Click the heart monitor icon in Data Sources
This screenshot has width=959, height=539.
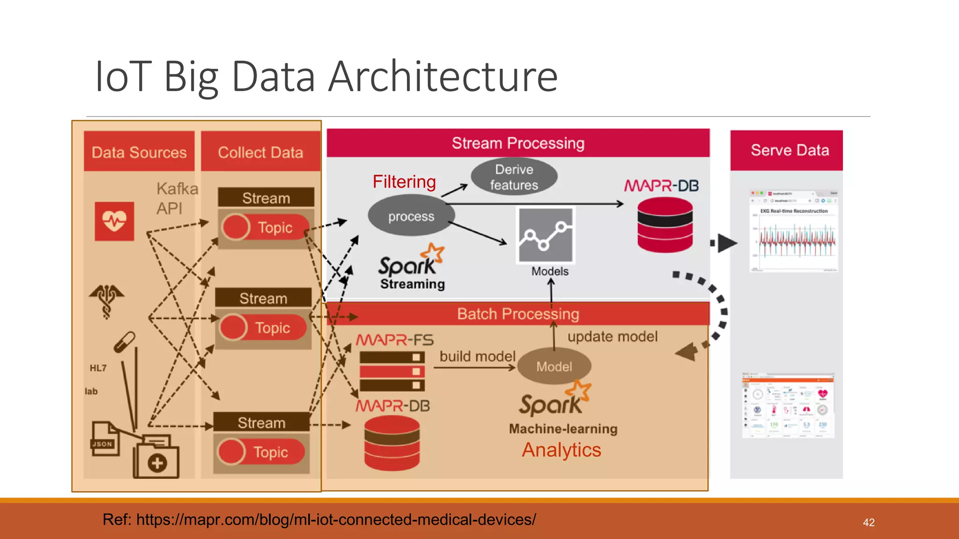114,221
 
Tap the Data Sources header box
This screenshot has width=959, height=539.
139,152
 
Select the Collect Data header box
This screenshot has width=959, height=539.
260,152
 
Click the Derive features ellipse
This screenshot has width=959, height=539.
514,177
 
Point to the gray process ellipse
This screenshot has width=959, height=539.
411,216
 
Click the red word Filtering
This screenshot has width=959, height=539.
404,182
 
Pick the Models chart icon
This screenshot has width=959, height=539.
546,235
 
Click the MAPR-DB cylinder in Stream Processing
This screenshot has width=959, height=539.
665,225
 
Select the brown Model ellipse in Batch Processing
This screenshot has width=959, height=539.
554,366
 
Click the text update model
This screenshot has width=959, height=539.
612,336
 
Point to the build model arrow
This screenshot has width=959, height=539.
474,368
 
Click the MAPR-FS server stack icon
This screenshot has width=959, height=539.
392,371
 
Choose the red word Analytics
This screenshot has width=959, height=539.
561,450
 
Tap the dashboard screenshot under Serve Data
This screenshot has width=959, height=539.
788,405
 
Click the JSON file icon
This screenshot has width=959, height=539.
104,439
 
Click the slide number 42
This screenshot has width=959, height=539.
869,523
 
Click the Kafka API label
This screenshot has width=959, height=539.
177,198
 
